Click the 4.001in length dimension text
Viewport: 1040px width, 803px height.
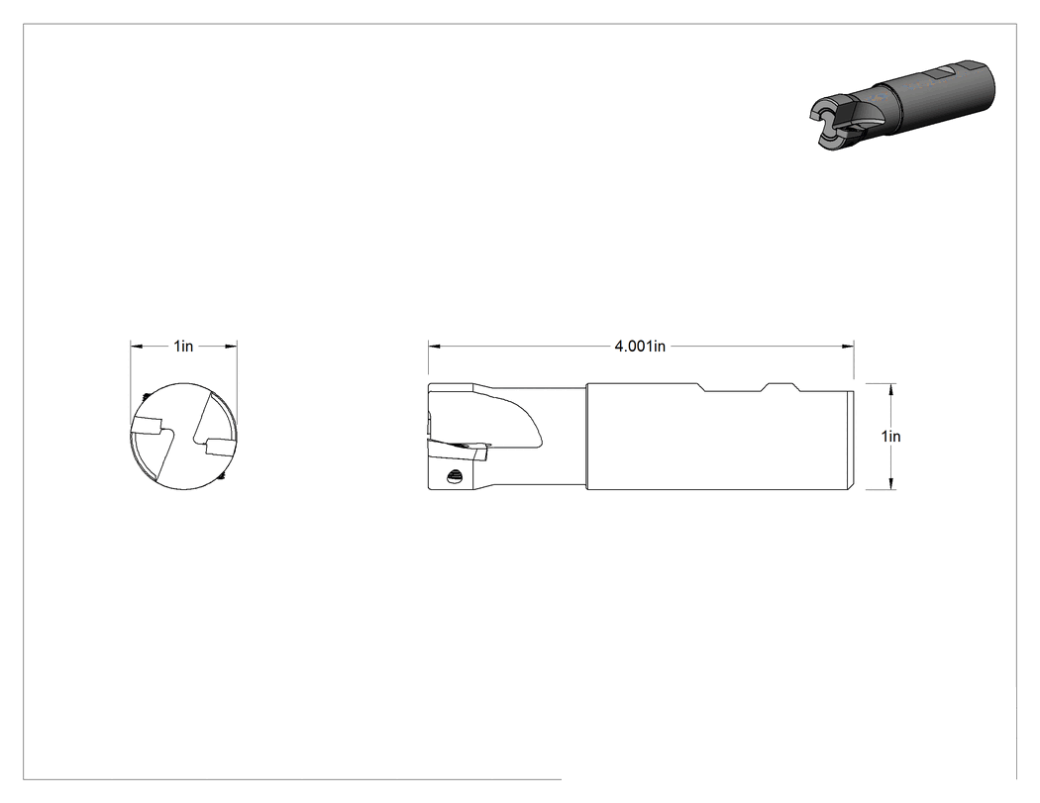pyautogui.click(x=640, y=347)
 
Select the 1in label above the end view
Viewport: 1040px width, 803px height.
pyautogui.click(x=183, y=347)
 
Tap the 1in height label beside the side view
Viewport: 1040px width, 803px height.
pyautogui.click(x=890, y=437)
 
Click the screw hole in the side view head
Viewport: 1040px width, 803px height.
pyautogui.click(x=455, y=475)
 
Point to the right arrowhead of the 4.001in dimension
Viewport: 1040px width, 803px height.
pyautogui.click(x=848, y=346)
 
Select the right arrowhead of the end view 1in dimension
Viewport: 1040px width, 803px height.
pyautogui.click(x=231, y=346)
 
